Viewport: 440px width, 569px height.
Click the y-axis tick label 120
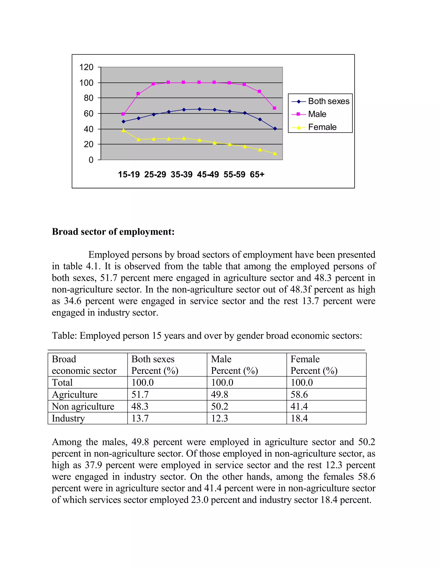(86, 67)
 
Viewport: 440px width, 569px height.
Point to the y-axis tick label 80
(89, 98)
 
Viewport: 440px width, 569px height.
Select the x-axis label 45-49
(208, 174)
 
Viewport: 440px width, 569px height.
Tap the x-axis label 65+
(257, 174)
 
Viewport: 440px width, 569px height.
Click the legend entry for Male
(317, 114)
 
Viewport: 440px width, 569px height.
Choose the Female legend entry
(322, 127)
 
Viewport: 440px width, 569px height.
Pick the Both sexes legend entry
(328, 101)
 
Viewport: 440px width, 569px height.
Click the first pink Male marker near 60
(123, 114)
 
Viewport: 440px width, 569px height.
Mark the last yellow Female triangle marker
(275, 154)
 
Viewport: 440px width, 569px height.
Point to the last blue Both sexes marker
(275, 129)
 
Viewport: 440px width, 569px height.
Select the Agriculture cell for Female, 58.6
(299, 394)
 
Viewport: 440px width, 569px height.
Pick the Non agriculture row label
(83, 406)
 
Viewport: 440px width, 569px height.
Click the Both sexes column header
(153, 359)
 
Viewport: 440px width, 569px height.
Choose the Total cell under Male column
(222, 382)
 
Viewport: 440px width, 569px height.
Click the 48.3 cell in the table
(140, 406)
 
